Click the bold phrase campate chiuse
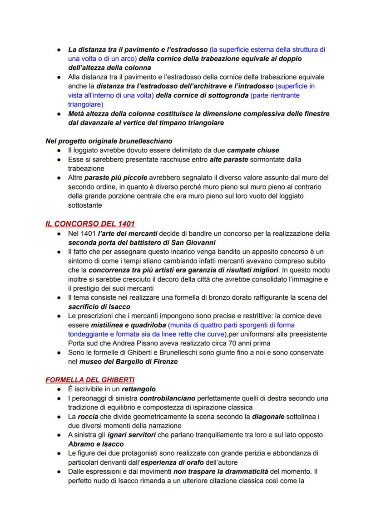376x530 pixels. (x=253, y=150)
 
